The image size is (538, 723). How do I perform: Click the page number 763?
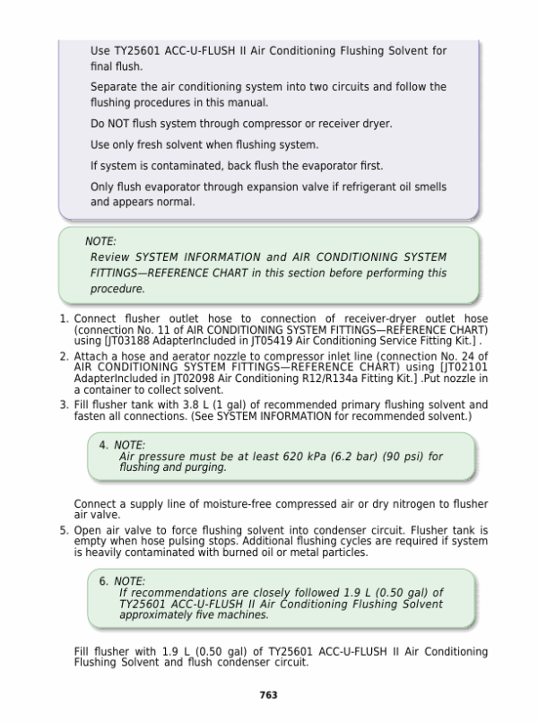coord(267,695)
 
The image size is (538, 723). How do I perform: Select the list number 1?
coord(64,318)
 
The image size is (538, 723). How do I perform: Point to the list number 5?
coord(64,530)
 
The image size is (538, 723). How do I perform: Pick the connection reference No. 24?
coord(453,355)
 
